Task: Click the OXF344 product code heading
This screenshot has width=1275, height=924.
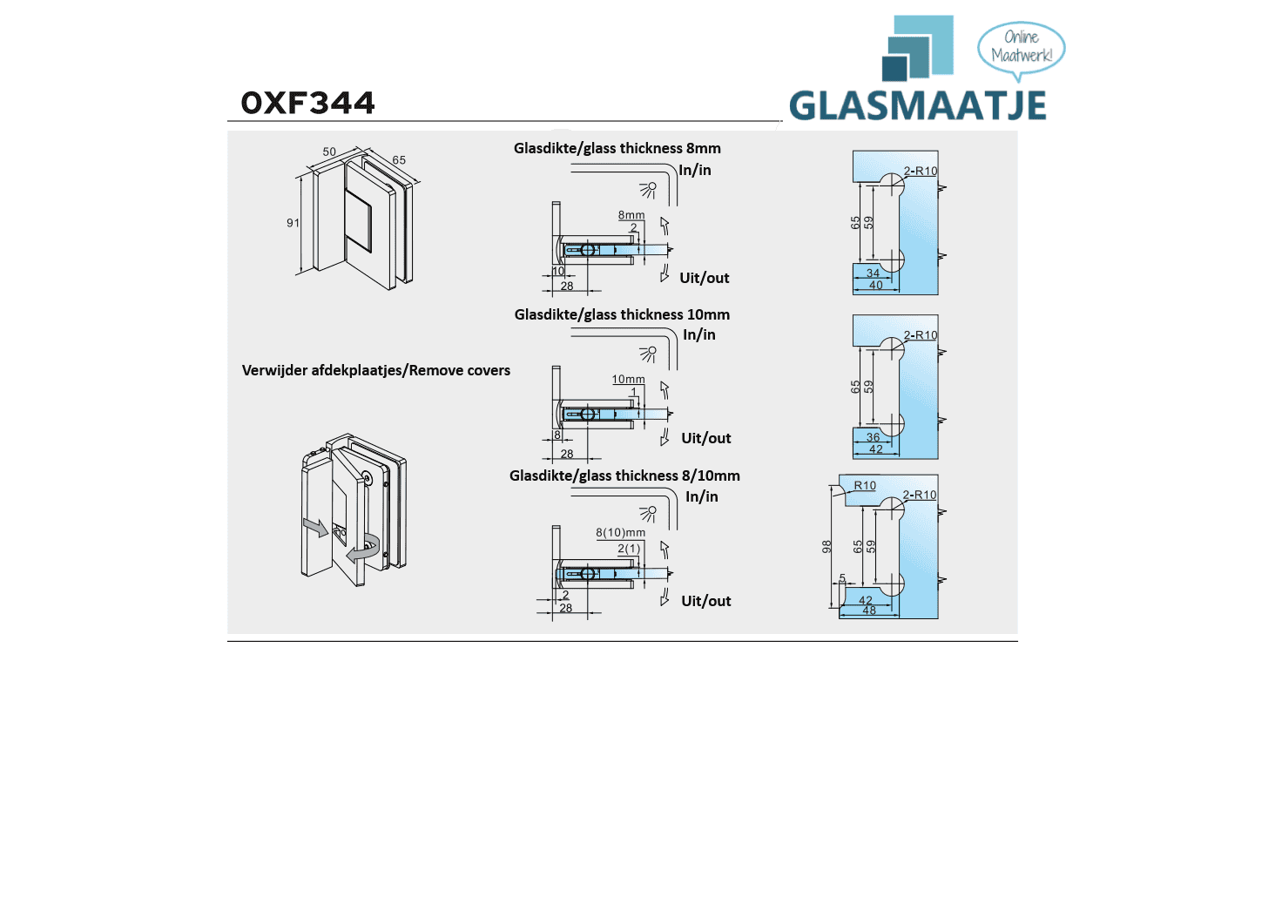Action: (307, 103)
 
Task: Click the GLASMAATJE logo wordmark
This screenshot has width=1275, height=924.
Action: (918, 106)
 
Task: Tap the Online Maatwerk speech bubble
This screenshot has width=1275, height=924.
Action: (1021, 47)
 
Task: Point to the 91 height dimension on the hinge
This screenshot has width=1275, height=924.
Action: (293, 223)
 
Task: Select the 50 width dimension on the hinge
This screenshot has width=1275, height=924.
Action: (329, 152)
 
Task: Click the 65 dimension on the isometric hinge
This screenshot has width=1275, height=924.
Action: (399, 160)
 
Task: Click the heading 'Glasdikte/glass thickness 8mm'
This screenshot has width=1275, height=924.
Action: (617, 148)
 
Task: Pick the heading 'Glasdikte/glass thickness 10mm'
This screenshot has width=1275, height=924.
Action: (622, 314)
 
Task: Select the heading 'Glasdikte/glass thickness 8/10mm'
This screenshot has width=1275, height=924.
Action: (624, 475)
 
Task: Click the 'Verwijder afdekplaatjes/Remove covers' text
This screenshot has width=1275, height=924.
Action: (375, 370)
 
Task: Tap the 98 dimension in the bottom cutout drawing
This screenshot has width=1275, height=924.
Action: (826, 547)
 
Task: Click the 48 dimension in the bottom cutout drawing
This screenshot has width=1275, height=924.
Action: (869, 610)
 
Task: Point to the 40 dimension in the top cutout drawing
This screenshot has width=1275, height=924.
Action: (876, 286)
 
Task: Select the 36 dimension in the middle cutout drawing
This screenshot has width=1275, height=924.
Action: (873, 437)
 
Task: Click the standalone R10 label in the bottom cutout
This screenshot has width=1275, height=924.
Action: (865, 486)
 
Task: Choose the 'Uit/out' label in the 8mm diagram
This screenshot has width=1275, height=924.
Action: (704, 278)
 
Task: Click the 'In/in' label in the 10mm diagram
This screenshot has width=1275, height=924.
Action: (698, 334)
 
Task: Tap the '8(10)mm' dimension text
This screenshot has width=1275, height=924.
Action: (620, 532)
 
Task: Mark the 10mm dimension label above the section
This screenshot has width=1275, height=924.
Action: (628, 380)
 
